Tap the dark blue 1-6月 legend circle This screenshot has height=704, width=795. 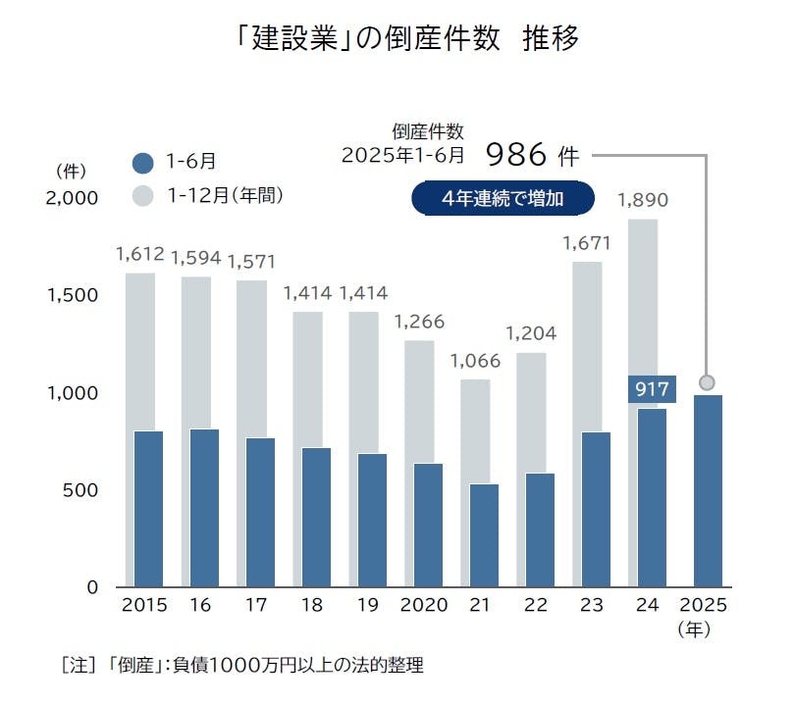tap(143, 163)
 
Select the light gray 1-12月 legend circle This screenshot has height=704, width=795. tap(143, 196)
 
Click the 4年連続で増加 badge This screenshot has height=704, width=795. tap(503, 198)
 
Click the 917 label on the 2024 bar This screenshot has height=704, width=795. tap(652, 389)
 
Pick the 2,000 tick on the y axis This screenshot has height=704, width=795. tap(74, 198)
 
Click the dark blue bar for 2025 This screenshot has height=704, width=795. tap(707, 490)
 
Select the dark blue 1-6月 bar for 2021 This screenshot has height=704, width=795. tap(483, 535)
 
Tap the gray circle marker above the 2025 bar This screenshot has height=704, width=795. tap(707, 382)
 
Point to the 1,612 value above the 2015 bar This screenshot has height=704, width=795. tap(140, 255)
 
